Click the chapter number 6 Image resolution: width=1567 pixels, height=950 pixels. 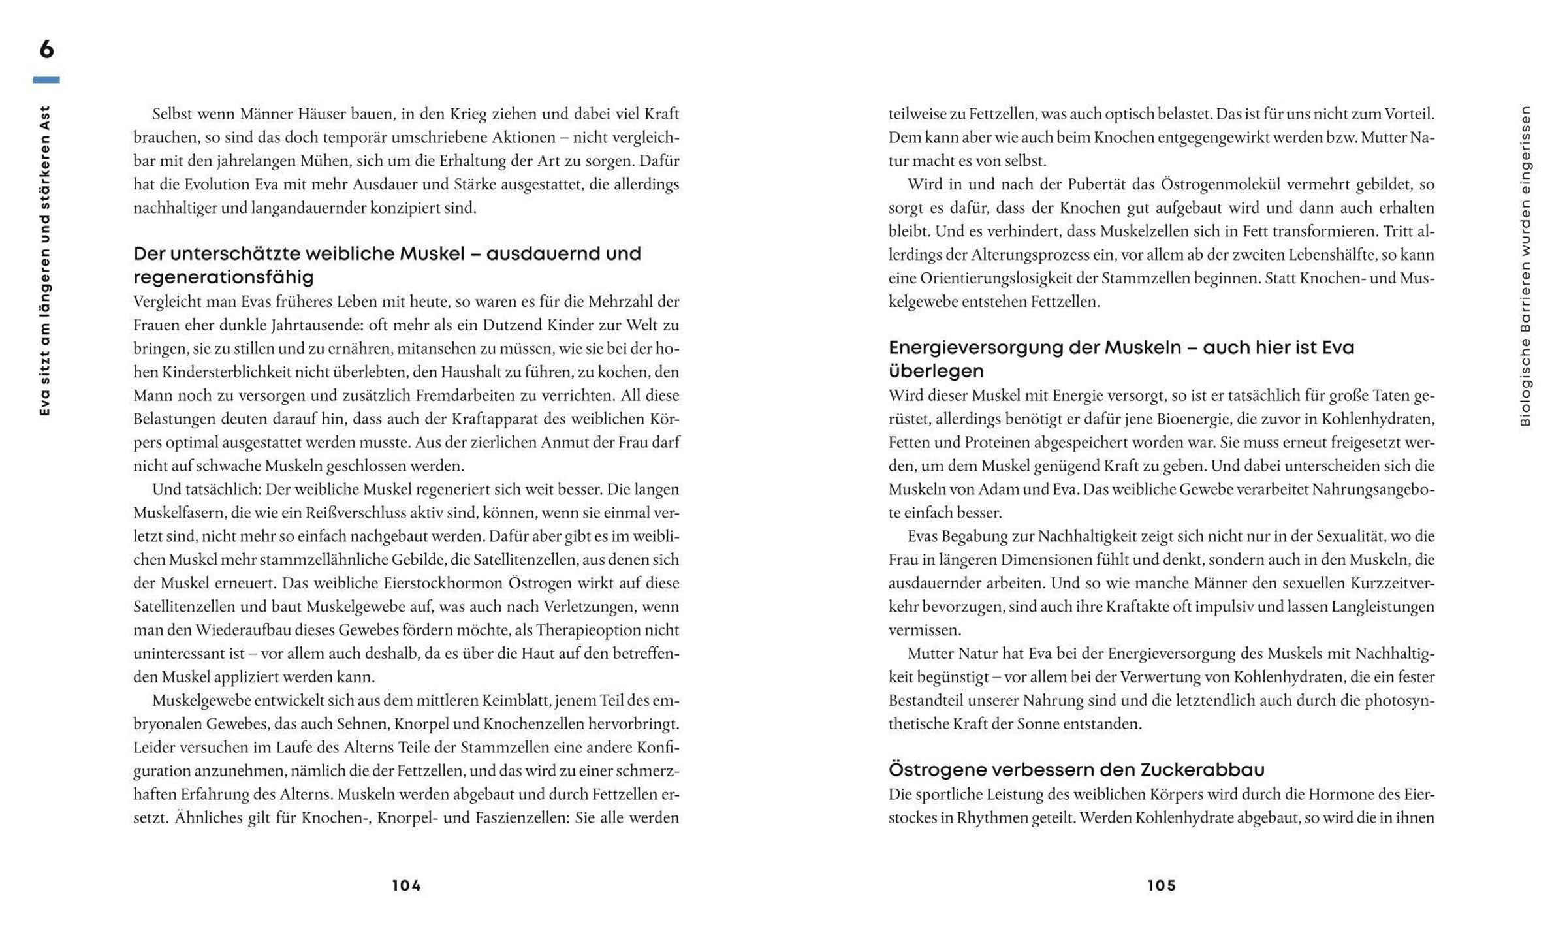46,50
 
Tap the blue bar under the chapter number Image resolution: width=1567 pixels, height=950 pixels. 46,80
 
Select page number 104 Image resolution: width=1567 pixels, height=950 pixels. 407,886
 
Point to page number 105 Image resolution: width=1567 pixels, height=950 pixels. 1162,886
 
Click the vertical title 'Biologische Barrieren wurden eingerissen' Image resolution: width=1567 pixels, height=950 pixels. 1525,266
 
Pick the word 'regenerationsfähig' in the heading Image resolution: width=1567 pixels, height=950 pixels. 223,277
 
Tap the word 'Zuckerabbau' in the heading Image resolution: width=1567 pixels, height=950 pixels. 1202,770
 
